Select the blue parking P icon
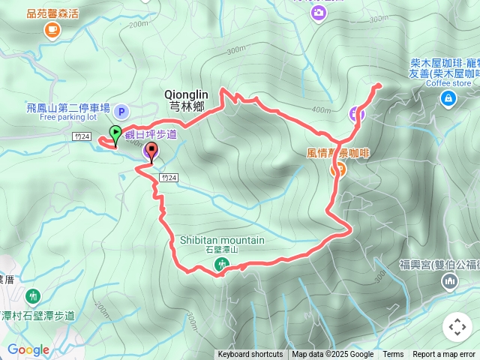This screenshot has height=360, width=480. point(123,111)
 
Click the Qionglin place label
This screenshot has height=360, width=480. point(187,94)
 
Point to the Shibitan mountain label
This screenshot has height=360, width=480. point(222,240)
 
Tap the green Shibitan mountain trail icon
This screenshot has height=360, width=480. point(222,264)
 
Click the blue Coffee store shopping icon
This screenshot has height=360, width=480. point(447,98)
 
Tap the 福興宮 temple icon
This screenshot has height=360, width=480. point(450,282)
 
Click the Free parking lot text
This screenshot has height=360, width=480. point(68,117)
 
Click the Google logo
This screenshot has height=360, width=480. point(28,349)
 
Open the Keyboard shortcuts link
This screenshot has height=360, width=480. point(250,355)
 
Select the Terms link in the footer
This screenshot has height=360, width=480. point(393,355)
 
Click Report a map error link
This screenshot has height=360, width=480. point(444,355)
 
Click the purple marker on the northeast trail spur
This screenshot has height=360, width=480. point(356,114)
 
